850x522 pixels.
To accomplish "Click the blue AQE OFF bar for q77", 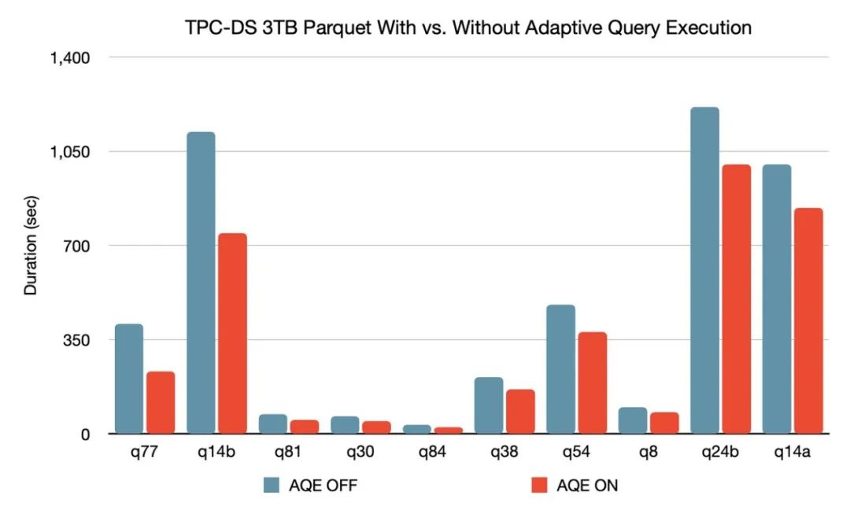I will coord(129,379).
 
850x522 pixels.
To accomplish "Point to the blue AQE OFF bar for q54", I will coord(560,369).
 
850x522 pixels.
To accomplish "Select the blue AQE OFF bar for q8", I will coord(633,420).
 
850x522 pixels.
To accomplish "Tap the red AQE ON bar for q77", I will coord(161,402).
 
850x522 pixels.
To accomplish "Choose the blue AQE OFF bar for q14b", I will coord(201,283).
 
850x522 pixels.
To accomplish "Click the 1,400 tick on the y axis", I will coord(72,57).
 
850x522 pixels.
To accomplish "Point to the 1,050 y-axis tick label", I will coord(72,152).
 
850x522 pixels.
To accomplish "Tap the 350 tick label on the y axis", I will coord(78,340).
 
